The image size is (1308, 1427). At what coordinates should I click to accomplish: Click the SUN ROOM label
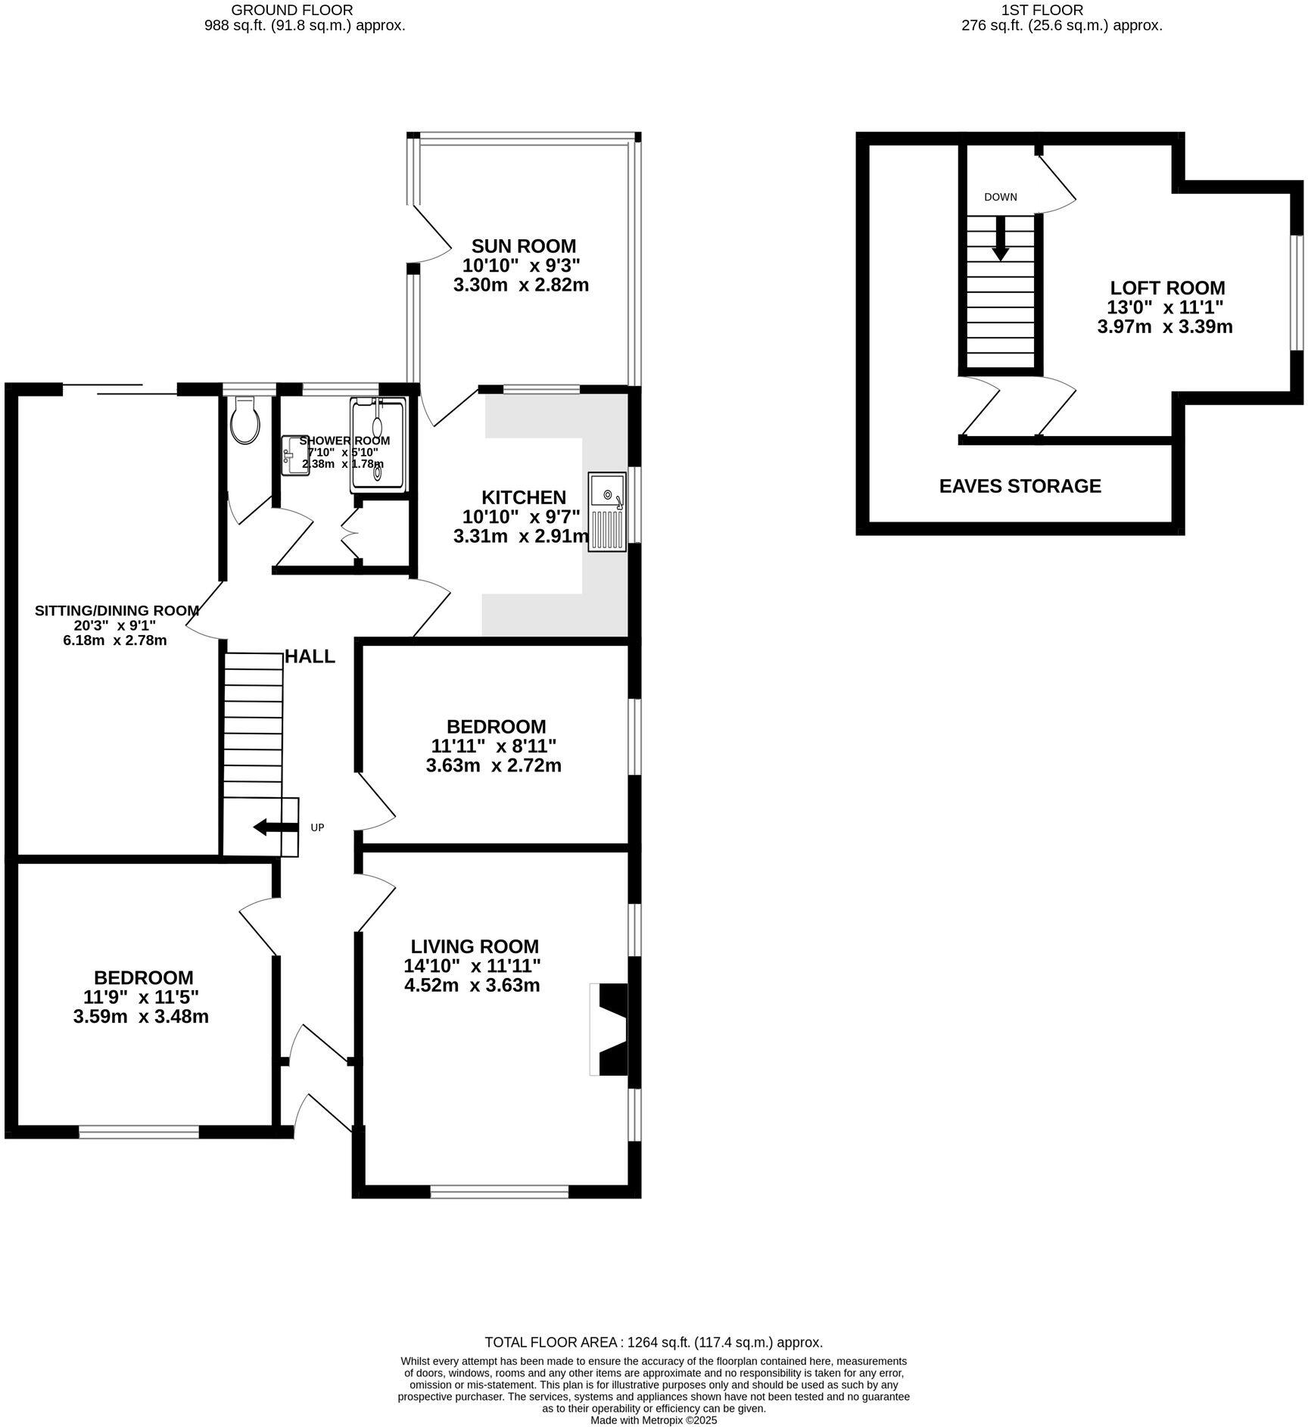pyautogui.click(x=523, y=246)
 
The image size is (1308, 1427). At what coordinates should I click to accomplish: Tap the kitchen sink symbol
pyautogui.click(x=607, y=511)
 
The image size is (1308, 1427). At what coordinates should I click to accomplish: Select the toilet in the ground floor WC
pyautogui.click(x=244, y=422)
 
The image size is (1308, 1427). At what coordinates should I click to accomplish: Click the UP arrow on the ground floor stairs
pyautogui.click(x=276, y=827)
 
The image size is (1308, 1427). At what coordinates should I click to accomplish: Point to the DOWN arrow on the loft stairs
pyautogui.click(x=1000, y=238)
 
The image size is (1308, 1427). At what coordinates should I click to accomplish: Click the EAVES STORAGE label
pyautogui.click(x=1020, y=486)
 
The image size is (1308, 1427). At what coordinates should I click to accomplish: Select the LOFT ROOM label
pyautogui.click(x=1167, y=288)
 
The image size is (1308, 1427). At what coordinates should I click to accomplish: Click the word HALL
pyautogui.click(x=310, y=656)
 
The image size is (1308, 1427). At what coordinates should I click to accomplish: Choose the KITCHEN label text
pyautogui.click(x=524, y=497)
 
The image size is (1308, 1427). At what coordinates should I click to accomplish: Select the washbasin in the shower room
pyautogui.click(x=294, y=456)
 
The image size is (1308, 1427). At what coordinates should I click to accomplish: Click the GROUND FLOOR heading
pyautogui.click(x=291, y=10)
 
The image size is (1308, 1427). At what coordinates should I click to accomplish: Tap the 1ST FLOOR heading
pyautogui.click(x=1042, y=10)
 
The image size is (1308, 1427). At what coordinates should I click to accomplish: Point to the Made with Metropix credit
pyautogui.click(x=653, y=1420)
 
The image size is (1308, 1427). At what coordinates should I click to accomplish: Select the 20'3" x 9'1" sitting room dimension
pyautogui.click(x=116, y=625)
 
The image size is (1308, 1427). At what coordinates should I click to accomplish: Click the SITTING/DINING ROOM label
pyautogui.click(x=117, y=610)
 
